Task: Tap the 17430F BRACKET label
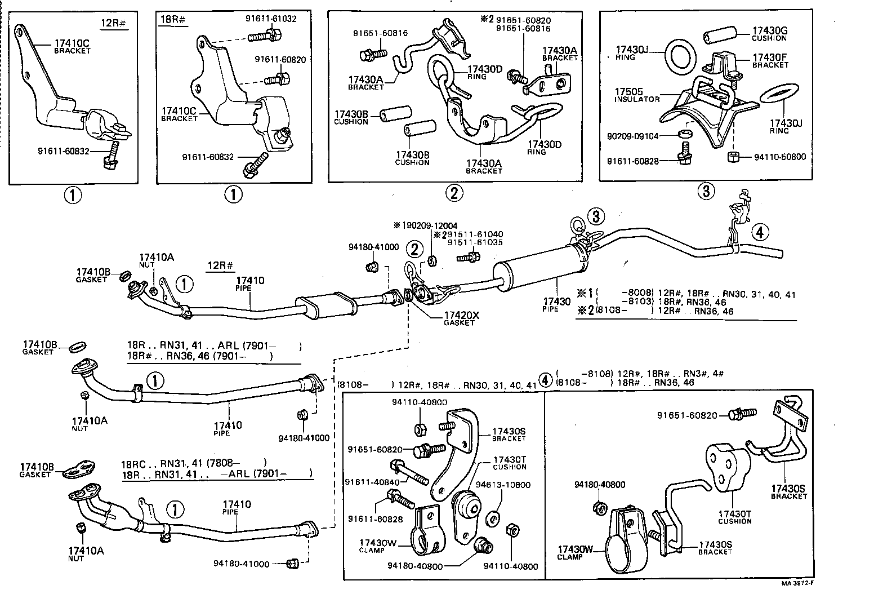770,60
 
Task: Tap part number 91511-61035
475,242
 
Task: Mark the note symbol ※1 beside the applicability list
585,294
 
